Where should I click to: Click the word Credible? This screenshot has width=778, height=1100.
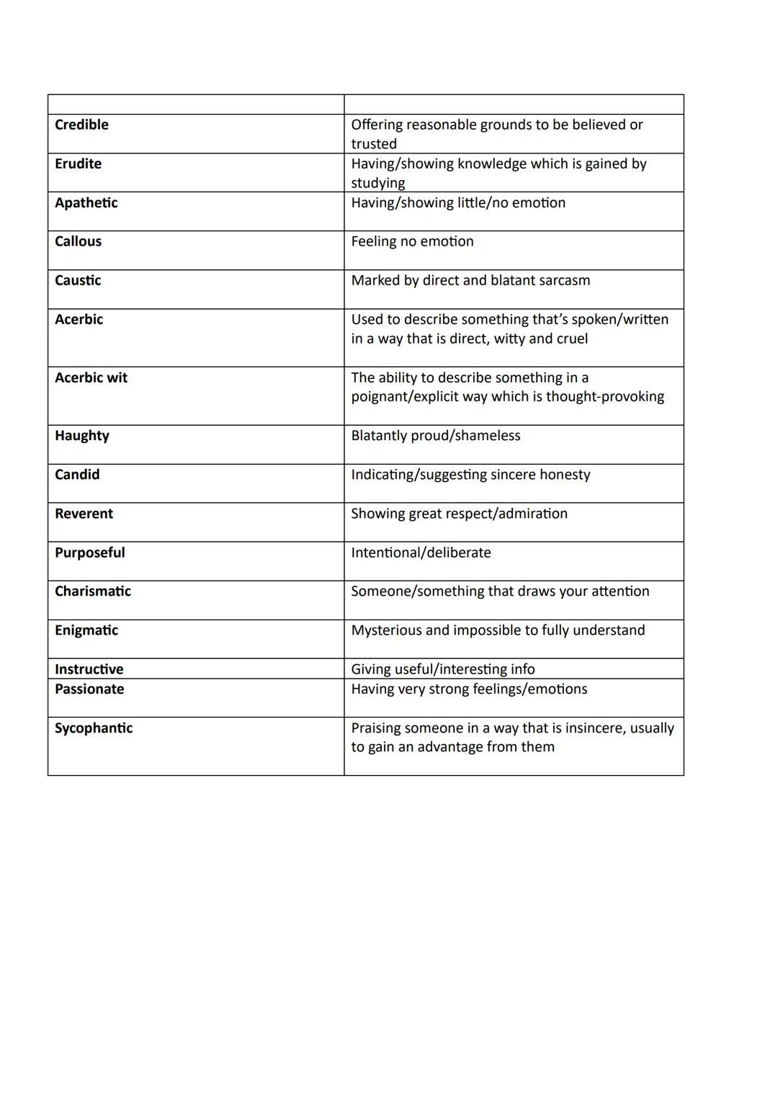tap(81, 125)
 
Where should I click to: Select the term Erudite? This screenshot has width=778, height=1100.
tap(78, 164)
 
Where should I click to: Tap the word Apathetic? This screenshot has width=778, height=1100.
tap(86, 202)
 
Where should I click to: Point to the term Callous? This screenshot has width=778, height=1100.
tap(78, 241)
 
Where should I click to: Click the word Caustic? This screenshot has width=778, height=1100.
tap(78, 280)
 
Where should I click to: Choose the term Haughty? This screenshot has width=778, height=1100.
tap(81, 436)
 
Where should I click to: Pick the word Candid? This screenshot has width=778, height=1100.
tap(77, 475)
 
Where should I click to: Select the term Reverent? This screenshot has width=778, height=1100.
tap(84, 514)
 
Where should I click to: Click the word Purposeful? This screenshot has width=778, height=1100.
tap(89, 553)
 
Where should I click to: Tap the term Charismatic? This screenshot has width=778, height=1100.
tap(93, 591)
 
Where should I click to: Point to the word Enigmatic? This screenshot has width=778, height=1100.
tap(86, 630)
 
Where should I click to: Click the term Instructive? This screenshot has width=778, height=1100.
tap(89, 669)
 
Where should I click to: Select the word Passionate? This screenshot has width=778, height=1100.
tap(89, 689)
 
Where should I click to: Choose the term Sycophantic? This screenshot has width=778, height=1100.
tap(94, 728)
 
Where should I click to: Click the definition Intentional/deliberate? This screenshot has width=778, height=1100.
tap(421, 553)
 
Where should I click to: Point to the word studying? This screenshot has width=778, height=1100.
tap(377, 183)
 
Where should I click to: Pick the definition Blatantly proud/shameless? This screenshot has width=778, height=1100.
tap(435, 436)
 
